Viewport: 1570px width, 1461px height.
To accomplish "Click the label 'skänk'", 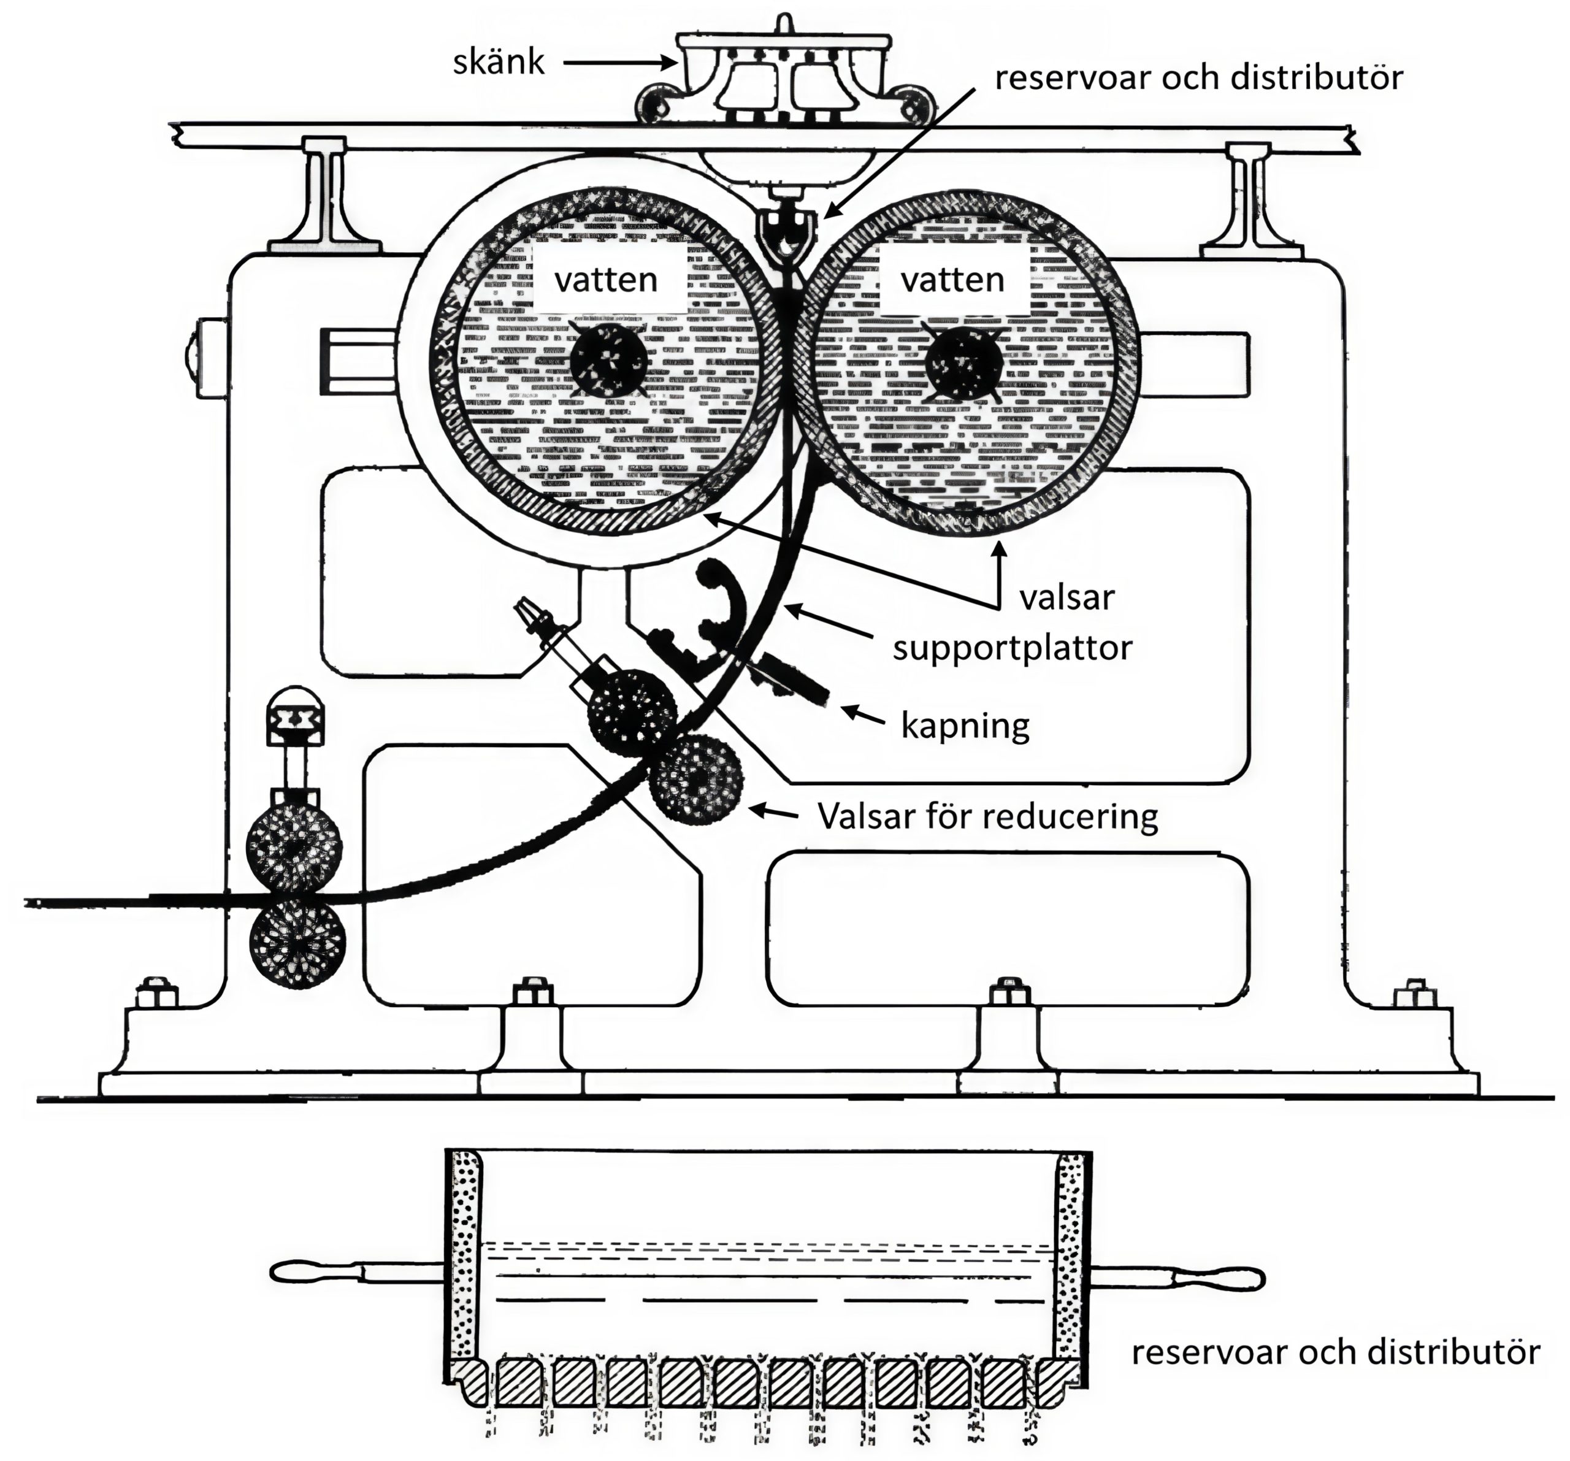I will point(499,61).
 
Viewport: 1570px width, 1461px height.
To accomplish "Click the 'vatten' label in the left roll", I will point(606,280).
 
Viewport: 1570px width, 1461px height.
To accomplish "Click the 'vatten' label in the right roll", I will point(952,280).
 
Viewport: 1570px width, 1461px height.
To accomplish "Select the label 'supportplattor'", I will point(1013,648).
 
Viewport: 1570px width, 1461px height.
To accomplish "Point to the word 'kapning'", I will point(965,725).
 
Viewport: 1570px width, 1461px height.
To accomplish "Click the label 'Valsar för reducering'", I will point(987,815).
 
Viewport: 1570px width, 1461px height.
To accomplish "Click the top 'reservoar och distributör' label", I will point(1199,77).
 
